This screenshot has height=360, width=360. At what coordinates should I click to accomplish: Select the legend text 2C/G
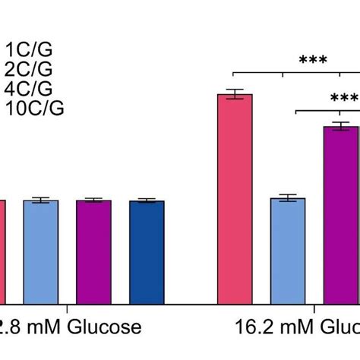[x=29, y=70]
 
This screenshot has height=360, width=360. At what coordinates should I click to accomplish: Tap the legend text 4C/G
[x=29, y=89]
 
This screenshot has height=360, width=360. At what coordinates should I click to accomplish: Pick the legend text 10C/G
[x=34, y=109]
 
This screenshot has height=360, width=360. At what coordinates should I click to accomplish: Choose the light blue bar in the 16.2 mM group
[x=288, y=251]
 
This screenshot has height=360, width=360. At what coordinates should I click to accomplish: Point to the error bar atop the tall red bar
[x=235, y=94]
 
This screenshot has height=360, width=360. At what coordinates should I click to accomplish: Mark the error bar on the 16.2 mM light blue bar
[x=288, y=198]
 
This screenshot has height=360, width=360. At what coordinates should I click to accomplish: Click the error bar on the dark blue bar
[x=147, y=201]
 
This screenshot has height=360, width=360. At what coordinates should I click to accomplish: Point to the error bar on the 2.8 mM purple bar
[x=93, y=201]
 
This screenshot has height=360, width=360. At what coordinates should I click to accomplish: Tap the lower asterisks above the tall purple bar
[x=343, y=99]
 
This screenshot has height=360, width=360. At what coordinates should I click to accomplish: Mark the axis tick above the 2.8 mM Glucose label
[x=68, y=308]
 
